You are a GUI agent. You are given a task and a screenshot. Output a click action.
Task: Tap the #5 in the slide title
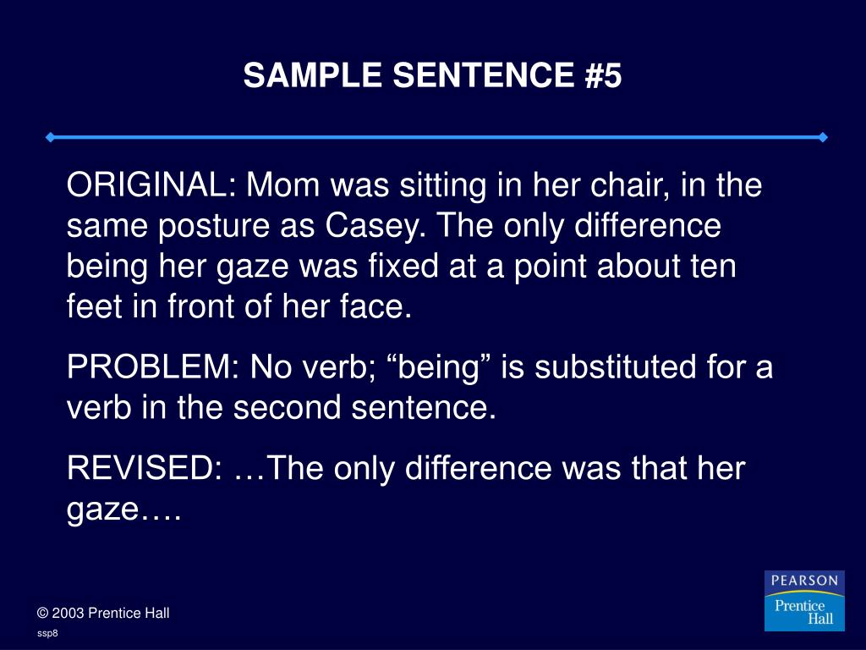602,76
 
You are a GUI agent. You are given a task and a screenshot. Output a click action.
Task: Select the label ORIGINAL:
151,185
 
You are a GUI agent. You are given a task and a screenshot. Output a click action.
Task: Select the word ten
715,267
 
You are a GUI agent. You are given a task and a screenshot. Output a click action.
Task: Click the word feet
94,307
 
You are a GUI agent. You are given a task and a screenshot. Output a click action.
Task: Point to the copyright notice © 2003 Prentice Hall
103,613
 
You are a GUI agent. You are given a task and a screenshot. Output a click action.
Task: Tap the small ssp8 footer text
47,633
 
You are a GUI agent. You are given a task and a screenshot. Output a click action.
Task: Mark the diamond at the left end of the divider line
51,137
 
